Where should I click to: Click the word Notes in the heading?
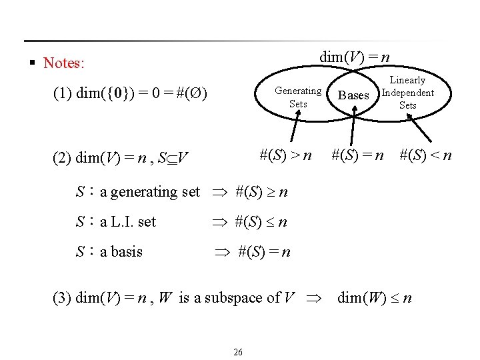pos(63,63)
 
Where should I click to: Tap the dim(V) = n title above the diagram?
pos(354,57)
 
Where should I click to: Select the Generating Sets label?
pos(298,97)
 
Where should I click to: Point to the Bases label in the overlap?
pos(353,95)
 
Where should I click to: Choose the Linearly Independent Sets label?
pos(407,93)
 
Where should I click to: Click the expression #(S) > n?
pos(286,155)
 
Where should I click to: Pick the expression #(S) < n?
pos(425,155)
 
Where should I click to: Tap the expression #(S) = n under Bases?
pos(358,155)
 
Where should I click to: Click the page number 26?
pos(238,351)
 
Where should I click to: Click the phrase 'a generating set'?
pos(150,192)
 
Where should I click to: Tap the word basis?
pos(127,252)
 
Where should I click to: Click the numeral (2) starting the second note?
pos(62,158)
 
